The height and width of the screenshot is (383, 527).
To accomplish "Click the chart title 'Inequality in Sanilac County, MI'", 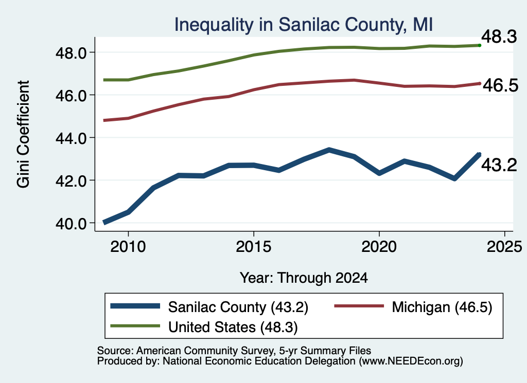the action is click(304, 25).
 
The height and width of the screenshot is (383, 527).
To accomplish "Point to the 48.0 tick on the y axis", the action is click(71, 53).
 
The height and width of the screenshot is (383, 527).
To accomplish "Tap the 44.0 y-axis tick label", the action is click(71, 138).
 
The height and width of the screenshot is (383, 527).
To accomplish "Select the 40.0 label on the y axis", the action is click(71, 223).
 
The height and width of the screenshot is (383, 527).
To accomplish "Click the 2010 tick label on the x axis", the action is click(128, 247).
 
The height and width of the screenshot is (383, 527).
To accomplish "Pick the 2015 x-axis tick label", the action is click(253, 247).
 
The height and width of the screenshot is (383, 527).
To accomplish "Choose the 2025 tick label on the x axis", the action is click(504, 247).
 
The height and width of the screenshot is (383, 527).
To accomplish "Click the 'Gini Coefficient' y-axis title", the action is click(24, 134).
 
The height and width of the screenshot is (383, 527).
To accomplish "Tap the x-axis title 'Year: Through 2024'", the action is click(304, 278).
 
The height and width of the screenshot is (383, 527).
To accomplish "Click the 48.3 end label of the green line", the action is click(499, 37).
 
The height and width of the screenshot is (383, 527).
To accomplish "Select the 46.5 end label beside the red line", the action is click(500, 85).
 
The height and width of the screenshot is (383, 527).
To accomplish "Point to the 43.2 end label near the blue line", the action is click(499, 165).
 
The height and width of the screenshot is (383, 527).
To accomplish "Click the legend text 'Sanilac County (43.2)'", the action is click(238, 307).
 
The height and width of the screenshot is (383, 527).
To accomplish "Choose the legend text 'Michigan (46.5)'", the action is click(442, 307).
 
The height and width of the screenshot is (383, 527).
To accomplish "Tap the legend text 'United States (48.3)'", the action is click(233, 327).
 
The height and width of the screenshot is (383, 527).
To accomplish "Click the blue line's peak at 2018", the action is click(329, 150).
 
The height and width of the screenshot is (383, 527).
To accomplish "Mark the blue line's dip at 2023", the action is click(455, 178).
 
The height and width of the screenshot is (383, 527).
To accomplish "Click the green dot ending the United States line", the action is click(480, 45).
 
